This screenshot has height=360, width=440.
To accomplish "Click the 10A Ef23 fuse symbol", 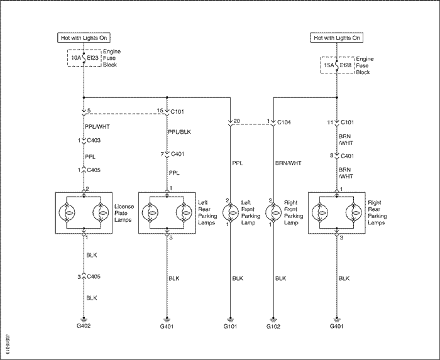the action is click(x=84, y=58).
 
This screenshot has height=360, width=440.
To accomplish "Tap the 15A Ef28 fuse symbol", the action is click(x=337, y=65).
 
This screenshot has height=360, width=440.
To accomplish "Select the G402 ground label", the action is click(x=84, y=326).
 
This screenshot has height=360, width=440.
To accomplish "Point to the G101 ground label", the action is click(x=231, y=326).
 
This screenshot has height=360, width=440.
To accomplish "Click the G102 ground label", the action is click(x=273, y=326).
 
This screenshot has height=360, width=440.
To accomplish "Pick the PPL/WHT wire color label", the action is click(x=97, y=127).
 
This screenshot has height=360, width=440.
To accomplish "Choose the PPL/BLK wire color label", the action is click(x=179, y=132).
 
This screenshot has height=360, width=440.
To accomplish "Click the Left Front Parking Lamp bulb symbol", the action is click(x=231, y=212).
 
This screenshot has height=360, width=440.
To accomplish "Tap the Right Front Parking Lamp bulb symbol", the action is click(x=273, y=212).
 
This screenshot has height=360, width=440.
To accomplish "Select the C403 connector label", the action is click(x=94, y=141).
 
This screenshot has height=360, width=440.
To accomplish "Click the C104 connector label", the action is click(x=284, y=123).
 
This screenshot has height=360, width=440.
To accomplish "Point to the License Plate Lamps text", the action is click(x=124, y=213).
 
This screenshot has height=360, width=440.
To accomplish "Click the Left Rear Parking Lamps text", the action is click(x=207, y=212).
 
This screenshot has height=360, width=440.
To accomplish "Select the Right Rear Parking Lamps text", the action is click(x=377, y=212).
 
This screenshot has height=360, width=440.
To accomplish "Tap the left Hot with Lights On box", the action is click(x=84, y=38).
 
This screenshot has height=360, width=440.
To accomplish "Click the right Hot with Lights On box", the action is click(x=337, y=38).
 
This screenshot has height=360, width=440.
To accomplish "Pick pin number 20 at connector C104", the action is click(x=237, y=121).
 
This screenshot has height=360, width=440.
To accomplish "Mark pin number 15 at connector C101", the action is click(x=160, y=111).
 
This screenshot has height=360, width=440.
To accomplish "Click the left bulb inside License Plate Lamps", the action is click(x=67, y=212).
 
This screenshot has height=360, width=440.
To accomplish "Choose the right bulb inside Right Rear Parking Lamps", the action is click(x=354, y=212).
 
